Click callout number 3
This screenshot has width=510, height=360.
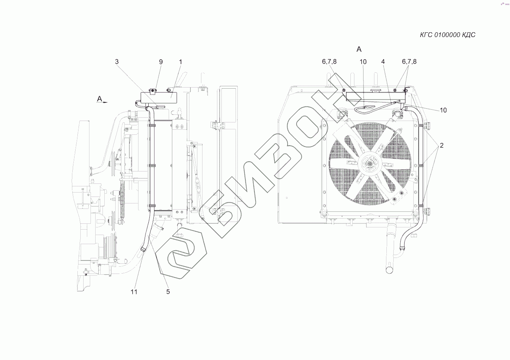pos(117,62)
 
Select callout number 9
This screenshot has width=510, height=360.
pos(161,62)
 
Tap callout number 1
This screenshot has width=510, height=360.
pos(181,62)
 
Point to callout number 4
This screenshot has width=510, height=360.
pos(383,62)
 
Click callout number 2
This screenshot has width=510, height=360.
pos(441,145)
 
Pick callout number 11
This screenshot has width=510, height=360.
pos(134,292)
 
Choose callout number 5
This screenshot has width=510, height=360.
pos(168,292)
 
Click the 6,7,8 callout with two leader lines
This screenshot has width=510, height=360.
pos(409,62)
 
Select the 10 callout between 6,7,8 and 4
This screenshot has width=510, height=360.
pos(363,62)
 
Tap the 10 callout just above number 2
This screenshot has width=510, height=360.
pos(443,110)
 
